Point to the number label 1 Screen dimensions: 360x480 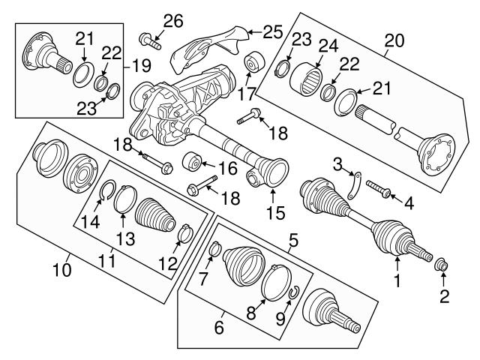click(x=397, y=283)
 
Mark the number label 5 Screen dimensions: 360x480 click(x=293, y=241)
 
